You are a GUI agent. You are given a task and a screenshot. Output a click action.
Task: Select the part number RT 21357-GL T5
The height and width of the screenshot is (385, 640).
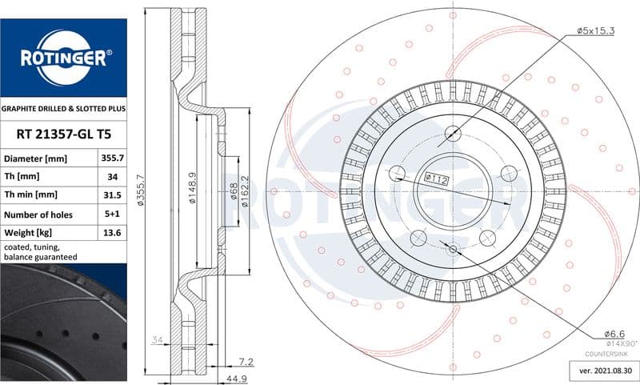pos(64,134)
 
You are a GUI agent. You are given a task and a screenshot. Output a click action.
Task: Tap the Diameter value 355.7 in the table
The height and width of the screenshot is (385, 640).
pos(112,158)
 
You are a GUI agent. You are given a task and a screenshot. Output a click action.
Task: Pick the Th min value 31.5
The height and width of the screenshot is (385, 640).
pos(112,195)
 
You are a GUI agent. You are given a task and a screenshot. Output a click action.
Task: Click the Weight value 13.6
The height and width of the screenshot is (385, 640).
pos(112,233)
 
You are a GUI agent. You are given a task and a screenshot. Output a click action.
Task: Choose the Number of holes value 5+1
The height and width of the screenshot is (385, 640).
pos(112,214)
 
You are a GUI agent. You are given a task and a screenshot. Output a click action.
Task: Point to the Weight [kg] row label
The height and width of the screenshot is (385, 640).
pos(28,233)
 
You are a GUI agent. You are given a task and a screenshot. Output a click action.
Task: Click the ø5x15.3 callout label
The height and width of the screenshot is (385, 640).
pos(595,30)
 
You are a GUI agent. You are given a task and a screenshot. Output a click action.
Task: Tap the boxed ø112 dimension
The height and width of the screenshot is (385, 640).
pos(437,178)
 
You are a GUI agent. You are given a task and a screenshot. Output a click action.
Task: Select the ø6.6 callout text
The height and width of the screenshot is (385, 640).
pos(614,334)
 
